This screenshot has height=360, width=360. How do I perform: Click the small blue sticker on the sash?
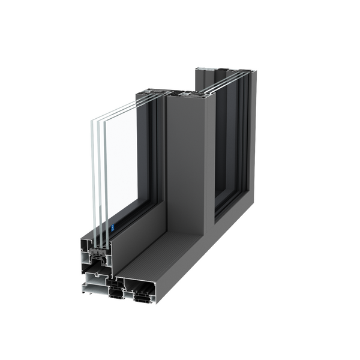113,229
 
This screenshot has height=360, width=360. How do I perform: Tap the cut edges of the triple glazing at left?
96,180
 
